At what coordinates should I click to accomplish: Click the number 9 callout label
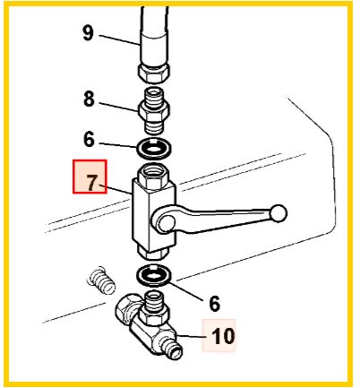click(x=89, y=33)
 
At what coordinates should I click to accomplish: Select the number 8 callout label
click(x=89, y=99)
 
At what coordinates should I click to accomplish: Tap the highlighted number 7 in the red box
click(x=92, y=183)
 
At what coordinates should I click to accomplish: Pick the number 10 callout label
click(x=223, y=336)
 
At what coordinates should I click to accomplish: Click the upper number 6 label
click(x=89, y=139)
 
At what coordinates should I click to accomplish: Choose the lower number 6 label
click(x=214, y=304)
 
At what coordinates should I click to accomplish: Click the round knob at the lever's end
click(x=279, y=213)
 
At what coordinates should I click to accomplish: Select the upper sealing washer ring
click(x=154, y=147)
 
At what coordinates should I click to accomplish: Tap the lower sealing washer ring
click(x=154, y=274)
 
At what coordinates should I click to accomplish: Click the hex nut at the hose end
click(x=154, y=72)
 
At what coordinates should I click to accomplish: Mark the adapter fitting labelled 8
click(x=154, y=110)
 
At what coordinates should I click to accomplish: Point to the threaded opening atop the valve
click(x=153, y=171)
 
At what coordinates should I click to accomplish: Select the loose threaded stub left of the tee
click(x=101, y=280)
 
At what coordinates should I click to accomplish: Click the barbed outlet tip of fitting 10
click(x=176, y=350)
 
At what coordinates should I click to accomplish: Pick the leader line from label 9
click(x=119, y=40)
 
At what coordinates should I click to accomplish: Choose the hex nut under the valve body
click(x=152, y=251)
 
